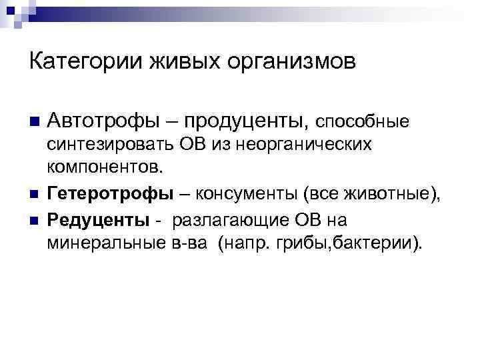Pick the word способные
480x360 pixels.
(361, 123)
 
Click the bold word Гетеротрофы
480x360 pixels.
(110, 194)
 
